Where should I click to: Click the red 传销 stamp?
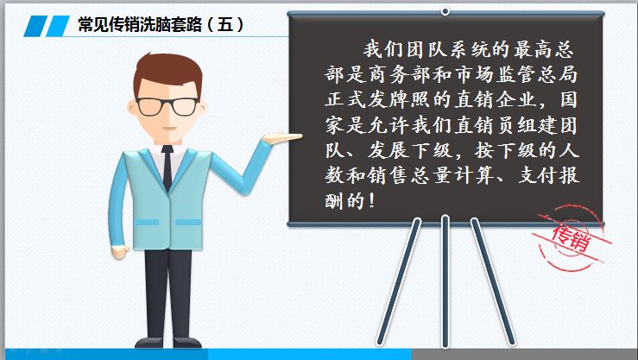tap(569, 232)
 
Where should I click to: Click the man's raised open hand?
tap(281, 138)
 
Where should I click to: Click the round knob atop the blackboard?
tap(445, 11)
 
